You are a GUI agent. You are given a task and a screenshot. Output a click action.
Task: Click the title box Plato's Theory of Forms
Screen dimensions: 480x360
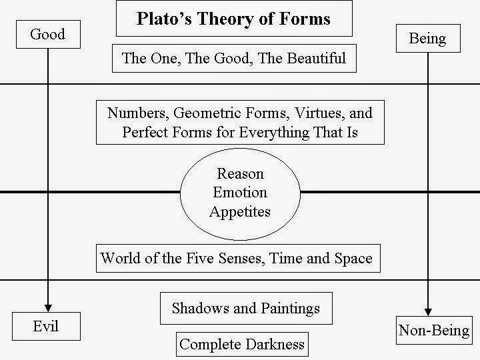click(x=233, y=19)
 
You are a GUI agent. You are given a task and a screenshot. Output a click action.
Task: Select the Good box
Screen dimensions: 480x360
click(x=48, y=34)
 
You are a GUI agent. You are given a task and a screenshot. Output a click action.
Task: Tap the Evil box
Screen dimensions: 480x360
click(x=45, y=326)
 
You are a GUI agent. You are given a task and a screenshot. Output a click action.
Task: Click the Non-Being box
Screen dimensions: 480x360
click(x=433, y=330)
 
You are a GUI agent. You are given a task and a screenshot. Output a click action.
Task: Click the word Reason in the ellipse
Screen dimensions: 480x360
click(x=241, y=174)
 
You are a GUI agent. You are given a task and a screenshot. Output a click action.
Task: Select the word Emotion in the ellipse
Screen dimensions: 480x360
click(x=241, y=193)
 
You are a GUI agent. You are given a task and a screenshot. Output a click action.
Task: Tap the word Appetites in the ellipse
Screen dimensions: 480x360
click(x=241, y=211)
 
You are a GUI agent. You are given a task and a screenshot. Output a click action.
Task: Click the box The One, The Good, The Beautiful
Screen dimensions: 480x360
click(x=233, y=58)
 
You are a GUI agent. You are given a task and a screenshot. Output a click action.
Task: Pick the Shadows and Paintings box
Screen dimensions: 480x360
click(x=246, y=308)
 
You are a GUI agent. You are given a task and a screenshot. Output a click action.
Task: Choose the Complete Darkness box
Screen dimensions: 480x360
click(x=242, y=344)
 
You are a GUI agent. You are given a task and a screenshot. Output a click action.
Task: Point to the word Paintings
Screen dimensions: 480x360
click(x=289, y=308)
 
